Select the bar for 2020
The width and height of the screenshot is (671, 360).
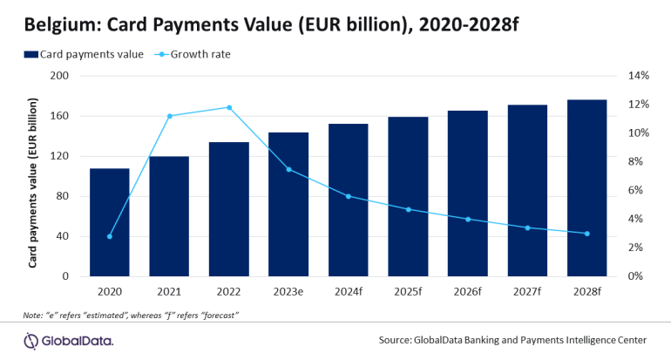tap(110, 222)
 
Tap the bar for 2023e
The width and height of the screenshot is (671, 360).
tap(288, 204)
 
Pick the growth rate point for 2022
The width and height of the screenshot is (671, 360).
tap(229, 108)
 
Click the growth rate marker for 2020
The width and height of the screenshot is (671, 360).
tap(110, 236)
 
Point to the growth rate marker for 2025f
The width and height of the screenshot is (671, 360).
tap(408, 209)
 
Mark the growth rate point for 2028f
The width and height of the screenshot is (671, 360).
tap(586, 234)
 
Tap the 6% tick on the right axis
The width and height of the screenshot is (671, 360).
tap(634, 191)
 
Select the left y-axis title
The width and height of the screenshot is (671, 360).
tap(34, 175)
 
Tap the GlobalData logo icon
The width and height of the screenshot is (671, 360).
tap(32, 339)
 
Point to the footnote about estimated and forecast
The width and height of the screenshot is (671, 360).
tap(131, 314)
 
